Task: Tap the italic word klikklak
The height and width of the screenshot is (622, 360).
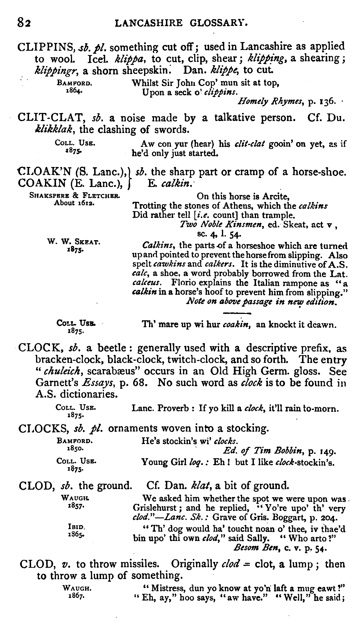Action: (x=53, y=130)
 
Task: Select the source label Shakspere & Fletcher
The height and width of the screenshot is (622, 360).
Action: (x=74, y=196)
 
